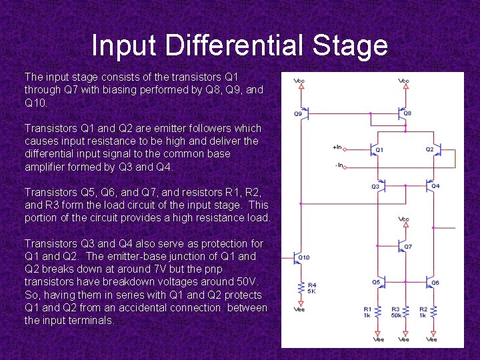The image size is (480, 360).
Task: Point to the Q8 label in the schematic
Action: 407,113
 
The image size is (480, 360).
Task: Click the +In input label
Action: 337,147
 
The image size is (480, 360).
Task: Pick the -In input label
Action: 338,164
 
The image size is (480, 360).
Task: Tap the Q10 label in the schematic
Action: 304,257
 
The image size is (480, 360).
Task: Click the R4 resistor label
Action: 311,285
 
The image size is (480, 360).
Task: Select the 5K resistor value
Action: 311,291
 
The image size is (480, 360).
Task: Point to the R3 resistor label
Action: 395,309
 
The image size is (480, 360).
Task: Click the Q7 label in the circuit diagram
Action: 408,247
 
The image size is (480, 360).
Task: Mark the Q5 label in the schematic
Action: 376,282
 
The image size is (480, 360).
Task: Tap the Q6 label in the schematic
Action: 435,282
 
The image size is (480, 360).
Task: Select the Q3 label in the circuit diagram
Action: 375,187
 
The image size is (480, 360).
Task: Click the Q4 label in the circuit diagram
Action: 435,185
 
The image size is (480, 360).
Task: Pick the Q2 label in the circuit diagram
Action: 429,149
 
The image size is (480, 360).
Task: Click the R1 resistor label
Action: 367,309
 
